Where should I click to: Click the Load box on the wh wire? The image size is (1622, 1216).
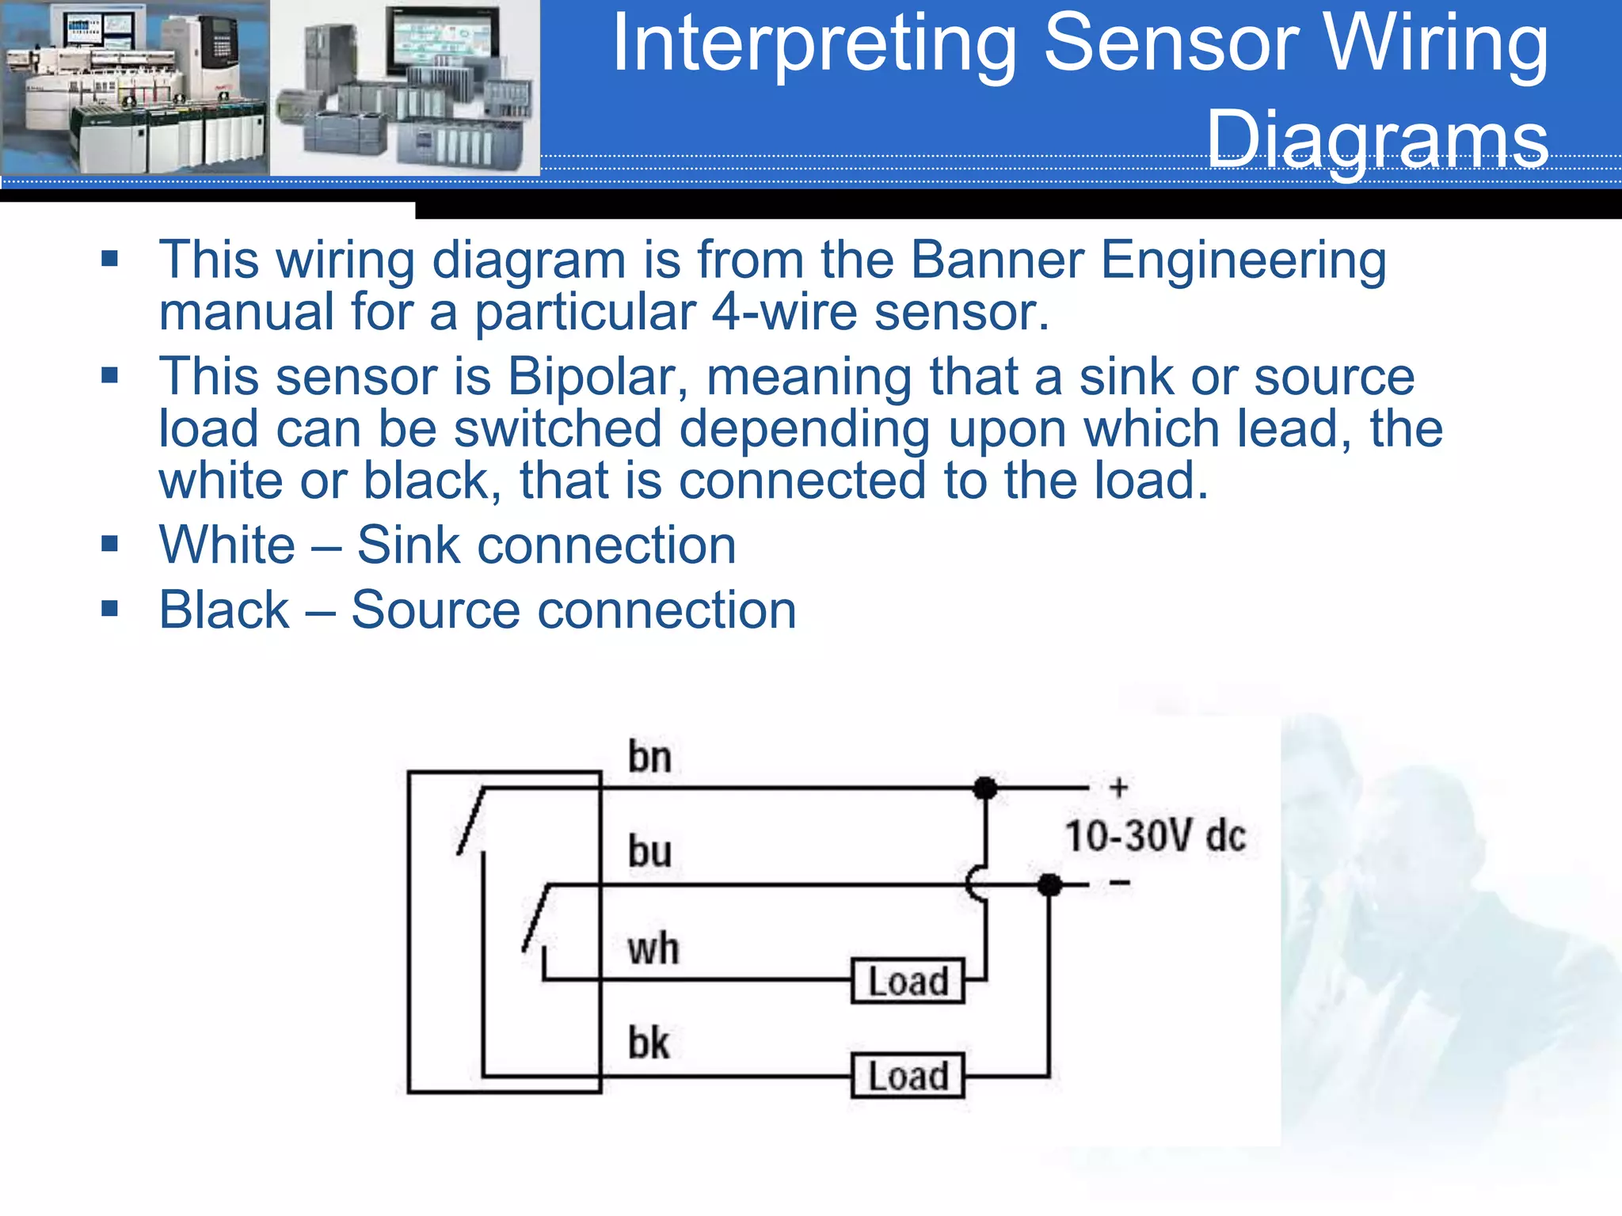(908, 981)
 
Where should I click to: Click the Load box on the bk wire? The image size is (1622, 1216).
(908, 1076)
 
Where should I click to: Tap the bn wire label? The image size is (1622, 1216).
(649, 757)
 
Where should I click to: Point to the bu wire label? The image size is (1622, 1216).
(649, 852)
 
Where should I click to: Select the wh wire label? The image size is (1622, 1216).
(653, 948)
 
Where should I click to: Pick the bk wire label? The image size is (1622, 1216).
(649, 1043)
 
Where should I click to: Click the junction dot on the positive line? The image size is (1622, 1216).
(984, 788)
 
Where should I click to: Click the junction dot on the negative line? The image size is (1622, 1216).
(1049, 884)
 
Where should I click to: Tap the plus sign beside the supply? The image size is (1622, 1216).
(1118, 788)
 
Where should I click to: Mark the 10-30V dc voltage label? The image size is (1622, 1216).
(1155, 836)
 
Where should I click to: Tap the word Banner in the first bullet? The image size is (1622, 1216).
(997, 260)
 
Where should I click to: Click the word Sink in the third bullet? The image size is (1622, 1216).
(409, 545)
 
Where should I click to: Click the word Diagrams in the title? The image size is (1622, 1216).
(1376, 139)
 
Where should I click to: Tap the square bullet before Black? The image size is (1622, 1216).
(110, 609)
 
